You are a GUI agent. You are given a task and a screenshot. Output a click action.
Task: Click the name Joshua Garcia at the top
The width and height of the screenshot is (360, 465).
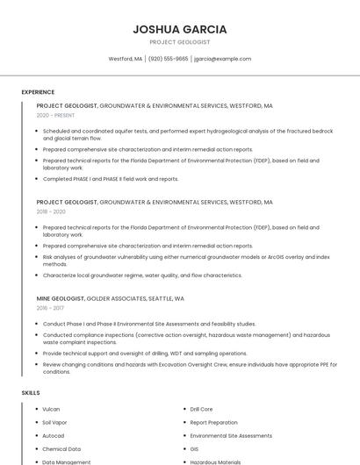(x=180, y=28)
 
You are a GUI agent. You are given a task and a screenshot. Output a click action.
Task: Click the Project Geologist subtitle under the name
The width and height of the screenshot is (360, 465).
(x=180, y=42)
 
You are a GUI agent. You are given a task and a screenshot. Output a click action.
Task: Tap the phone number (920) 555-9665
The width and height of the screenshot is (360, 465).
(x=168, y=59)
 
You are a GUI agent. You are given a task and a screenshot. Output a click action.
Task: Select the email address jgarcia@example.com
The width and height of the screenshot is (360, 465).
(x=222, y=59)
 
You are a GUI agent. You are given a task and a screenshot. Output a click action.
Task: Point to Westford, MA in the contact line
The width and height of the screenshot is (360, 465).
(x=126, y=59)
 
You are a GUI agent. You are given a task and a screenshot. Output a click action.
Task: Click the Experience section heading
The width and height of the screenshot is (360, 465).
(x=38, y=92)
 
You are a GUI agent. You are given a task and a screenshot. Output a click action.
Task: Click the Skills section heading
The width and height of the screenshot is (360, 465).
(x=31, y=392)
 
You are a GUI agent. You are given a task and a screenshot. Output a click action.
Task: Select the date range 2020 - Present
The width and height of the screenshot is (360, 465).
(x=55, y=115)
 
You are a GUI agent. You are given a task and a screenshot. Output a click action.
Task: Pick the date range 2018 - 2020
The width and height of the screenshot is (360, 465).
(x=51, y=211)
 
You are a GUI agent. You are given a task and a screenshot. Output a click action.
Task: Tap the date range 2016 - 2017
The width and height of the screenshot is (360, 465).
(x=50, y=308)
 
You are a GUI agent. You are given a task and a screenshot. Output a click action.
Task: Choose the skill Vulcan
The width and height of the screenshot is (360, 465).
(x=51, y=409)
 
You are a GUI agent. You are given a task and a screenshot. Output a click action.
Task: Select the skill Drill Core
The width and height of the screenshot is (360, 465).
(x=201, y=409)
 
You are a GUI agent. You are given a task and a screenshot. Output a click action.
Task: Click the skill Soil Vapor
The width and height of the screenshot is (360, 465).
(x=54, y=422)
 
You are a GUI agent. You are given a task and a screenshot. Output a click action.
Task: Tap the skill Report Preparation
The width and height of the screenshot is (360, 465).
(x=213, y=422)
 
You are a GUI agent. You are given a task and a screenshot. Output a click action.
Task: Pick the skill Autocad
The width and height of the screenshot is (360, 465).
(x=54, y=435)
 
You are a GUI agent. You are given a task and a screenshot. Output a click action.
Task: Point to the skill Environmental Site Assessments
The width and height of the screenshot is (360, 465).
(x=231, y=435)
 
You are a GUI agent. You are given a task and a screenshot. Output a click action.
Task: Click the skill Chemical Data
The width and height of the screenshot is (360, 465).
(x=61, y=448)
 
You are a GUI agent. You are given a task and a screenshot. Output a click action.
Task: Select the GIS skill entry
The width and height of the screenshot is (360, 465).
(x=194, y=448)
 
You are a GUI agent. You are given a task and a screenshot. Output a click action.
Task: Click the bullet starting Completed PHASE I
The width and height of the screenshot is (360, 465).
(x=111, y=179)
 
